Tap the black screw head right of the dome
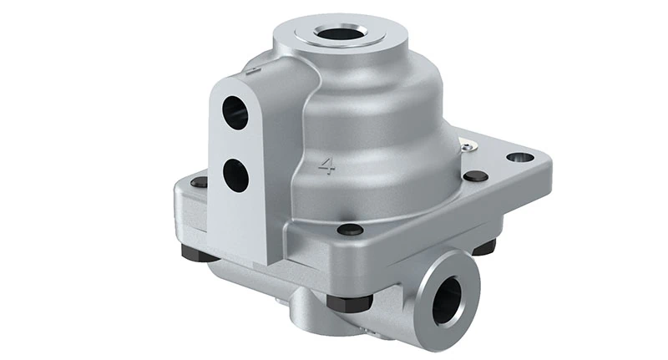tap(475, 176)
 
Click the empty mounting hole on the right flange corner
tap(520, 157)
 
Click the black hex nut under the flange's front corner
tap(341, 302)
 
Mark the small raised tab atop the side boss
tap(250, 74)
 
